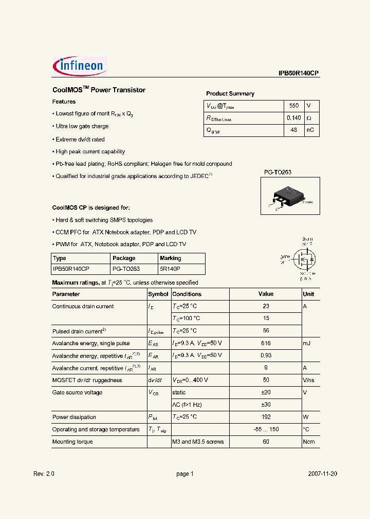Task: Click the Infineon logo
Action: pyautogui.click(x=80, y=66)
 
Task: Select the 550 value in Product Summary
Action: pyautogui.click(x=293, y=106)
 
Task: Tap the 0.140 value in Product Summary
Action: pyautogui.click(x=293, y=118)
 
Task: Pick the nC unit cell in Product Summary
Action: pyautogui.click(x=310, y=130)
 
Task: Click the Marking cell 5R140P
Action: pyautogui.click(x=170, y=268)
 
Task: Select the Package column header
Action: pyautogui.click(x=124, y=258)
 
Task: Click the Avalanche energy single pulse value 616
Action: pyautogui.click(x=265, y=343)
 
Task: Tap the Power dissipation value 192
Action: pyautogui.click(x=265, y=417)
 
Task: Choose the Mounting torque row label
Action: pyautogui.click(x=72, y=442)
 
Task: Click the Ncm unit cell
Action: pyautogui.click(x=308, y=442)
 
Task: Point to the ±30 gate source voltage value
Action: pyautogui.click(x=265, y=405)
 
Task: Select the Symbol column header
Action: pyautogui.click(x=158, y=294)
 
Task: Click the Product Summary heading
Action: pyautogui.click(x=230, y=93)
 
